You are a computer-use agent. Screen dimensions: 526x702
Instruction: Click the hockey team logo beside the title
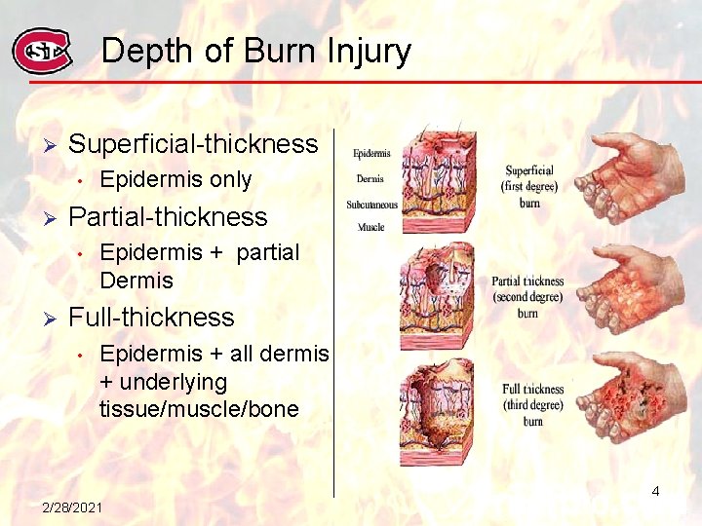(x=42, y=52)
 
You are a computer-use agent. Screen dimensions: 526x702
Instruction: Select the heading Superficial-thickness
(x=193, y=144)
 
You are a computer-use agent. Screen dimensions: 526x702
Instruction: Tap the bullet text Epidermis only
(x=175, y=180)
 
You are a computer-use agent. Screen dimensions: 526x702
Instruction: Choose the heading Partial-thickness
(x=168, y=216)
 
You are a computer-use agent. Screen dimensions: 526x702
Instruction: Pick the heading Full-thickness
(x=151, y=318)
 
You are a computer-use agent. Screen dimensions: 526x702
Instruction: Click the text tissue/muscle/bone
(x=199, y=409)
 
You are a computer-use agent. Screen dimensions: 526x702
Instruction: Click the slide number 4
(x=655, y=492)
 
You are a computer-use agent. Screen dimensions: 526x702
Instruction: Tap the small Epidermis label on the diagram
(x=371, y=153)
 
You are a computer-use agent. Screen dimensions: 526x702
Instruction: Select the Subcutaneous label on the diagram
(x=371, y=205)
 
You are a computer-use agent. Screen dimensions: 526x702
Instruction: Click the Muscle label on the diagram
(x=370, y=227)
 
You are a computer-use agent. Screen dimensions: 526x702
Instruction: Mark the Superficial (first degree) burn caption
(x=529, y=186)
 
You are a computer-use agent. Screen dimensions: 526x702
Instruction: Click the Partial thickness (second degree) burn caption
(x=527, y=297)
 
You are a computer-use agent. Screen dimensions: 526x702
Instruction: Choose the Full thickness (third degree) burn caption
(x=532, y=404)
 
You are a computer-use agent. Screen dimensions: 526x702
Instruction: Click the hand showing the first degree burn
(x=629, y=176)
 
